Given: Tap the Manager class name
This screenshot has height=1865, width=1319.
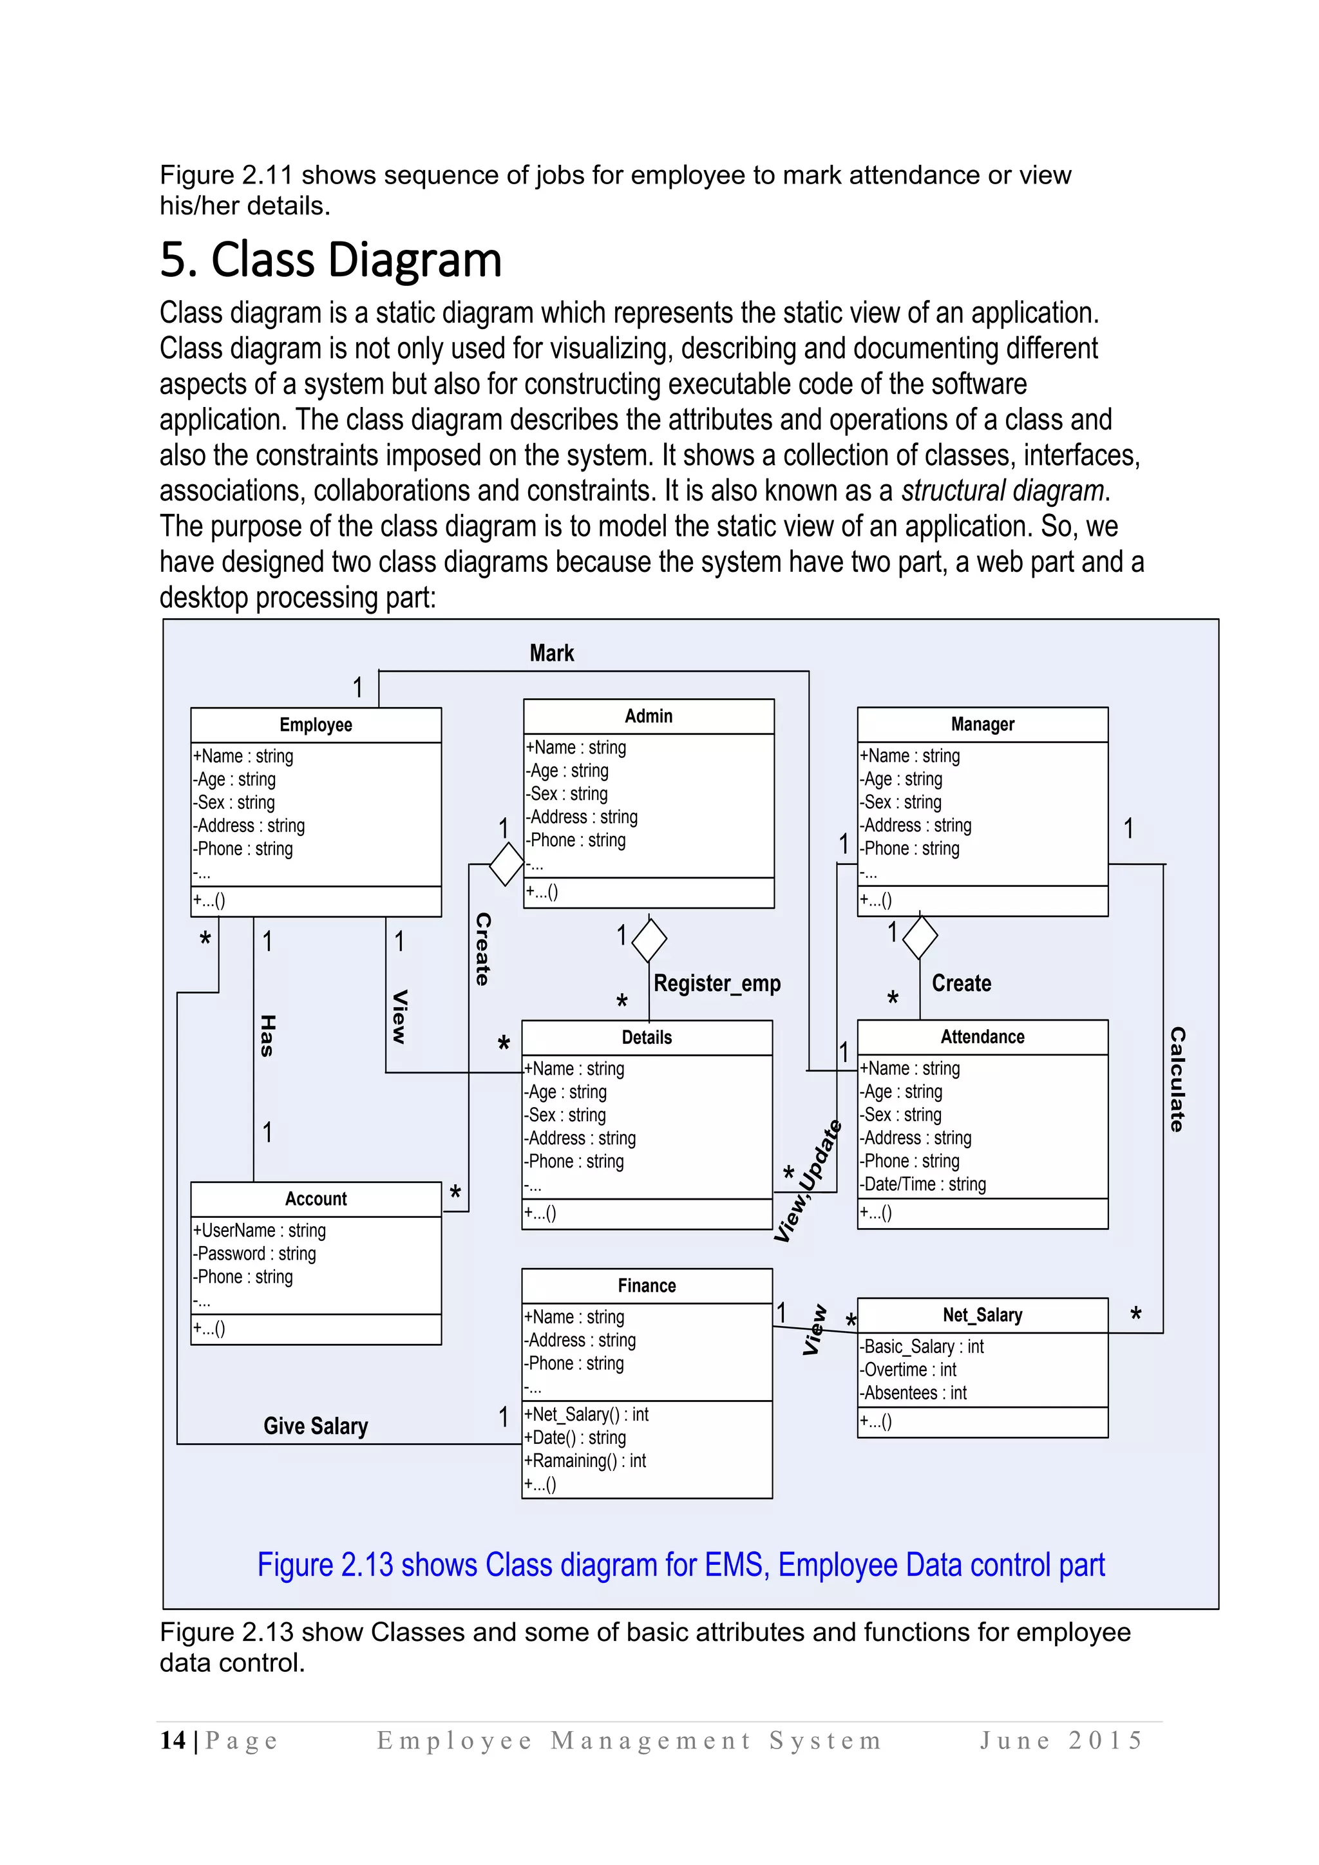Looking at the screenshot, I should [982, 724].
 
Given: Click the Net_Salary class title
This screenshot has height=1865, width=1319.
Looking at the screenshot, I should [982, 1314].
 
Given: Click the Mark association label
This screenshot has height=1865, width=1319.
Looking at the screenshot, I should [551, 653].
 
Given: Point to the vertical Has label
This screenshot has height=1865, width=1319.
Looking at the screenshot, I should [267, 1036].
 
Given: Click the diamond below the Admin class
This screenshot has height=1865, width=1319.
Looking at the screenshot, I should [649, 940].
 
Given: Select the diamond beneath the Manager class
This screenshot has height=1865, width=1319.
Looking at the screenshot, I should [920, 936].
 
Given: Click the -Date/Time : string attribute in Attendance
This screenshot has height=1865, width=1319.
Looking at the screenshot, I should [924, 1184].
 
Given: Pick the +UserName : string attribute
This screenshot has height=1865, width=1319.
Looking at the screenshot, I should [259, 1231].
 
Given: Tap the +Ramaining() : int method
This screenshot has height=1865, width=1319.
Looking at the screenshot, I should [585, 1461].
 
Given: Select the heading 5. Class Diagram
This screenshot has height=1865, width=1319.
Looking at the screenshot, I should [330, 260].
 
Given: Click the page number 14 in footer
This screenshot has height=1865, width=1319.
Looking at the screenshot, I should [172, 1740].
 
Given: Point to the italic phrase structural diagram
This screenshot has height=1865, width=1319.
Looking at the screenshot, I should [1002, 491].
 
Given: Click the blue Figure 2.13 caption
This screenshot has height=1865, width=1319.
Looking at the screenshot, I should [681, 1564].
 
